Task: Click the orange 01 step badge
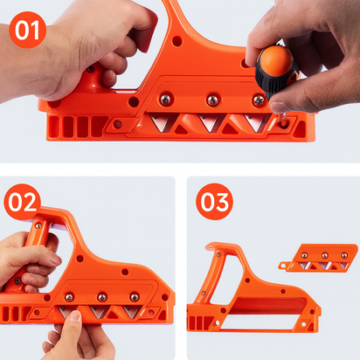click(x=29, y=32)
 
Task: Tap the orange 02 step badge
click(x=23, y=203)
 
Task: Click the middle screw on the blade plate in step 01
click(x=211, y=101)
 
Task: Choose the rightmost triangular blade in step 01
click(x=256, y=123)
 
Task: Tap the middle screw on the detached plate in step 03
click(x=324, y=256)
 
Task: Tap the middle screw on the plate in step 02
click(x=101, y=297)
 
